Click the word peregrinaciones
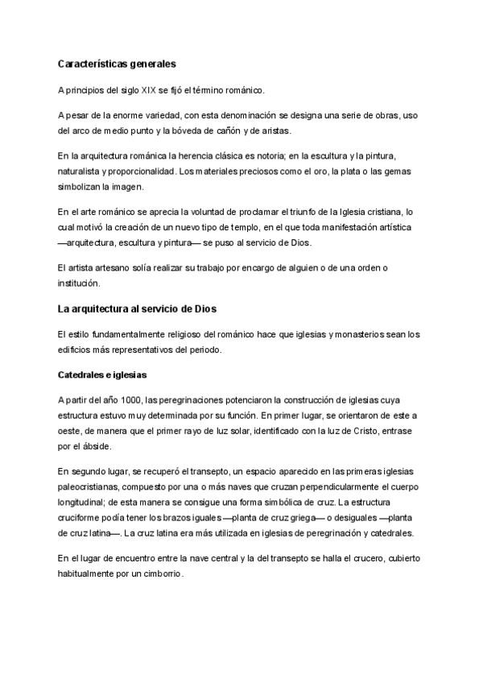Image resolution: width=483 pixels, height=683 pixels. click(x=186, y=400)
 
